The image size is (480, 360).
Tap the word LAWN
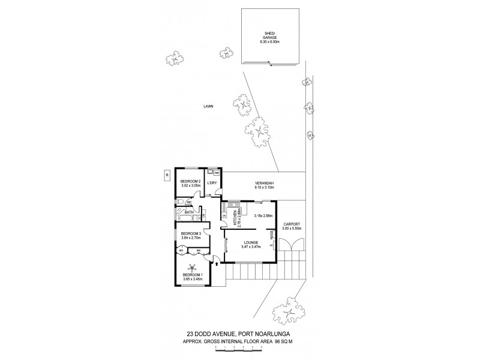point(208,106)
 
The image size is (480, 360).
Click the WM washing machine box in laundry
point(216,173)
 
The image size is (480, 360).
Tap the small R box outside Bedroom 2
point(165,175)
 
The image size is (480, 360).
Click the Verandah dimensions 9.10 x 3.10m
point(264,188)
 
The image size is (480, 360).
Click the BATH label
point(188,212)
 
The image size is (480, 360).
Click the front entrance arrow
point(216,262)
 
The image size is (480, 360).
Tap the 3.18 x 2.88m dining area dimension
point(263,215)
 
